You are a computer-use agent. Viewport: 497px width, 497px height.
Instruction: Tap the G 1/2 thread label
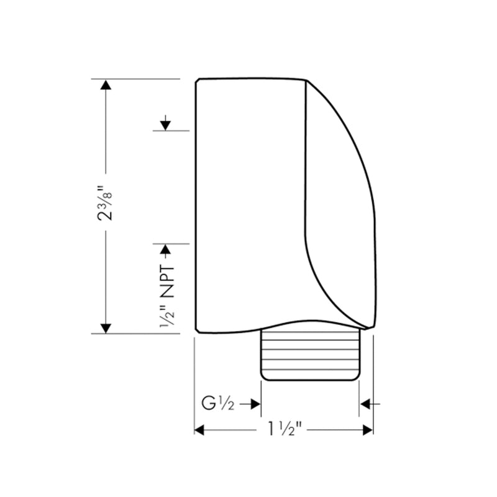[x=217, y=404]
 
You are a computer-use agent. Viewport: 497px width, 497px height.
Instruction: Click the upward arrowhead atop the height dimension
[x=106, y=85]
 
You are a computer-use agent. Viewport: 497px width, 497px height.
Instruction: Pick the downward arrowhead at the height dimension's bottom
[x=106, y=327]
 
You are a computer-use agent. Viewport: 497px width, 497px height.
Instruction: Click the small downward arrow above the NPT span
[x=165, y=124]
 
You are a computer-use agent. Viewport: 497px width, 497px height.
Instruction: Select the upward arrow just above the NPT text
[x=165, y=250]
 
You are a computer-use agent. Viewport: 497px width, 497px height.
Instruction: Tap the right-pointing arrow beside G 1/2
[x=254, y=404]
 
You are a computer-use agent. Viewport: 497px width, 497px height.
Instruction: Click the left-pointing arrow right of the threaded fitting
[x=366, y=404]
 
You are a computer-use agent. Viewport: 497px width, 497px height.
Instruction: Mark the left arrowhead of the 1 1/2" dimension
[x=200, y=430]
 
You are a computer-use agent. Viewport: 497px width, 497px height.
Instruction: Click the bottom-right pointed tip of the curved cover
[x=371, y=327]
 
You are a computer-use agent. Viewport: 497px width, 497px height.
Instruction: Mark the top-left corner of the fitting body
[x=198, y=80]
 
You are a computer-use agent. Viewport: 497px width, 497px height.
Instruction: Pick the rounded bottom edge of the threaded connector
[x=310, y=379]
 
